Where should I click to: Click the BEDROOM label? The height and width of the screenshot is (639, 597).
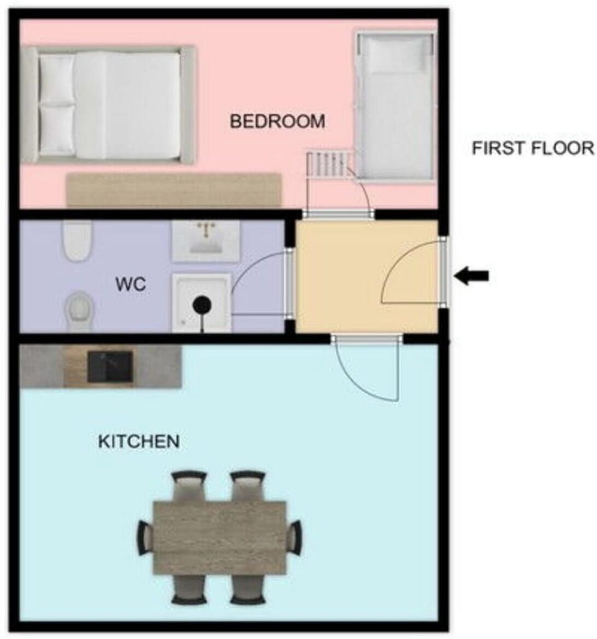[277, 121]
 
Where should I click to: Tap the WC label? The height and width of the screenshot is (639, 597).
[131, 285]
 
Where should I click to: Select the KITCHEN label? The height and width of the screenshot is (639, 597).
[139, 441]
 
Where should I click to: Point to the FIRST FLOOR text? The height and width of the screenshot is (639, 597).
[533, 148]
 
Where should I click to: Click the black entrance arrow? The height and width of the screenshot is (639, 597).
[471, 277]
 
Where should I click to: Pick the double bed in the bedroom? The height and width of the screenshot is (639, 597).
[109, 105]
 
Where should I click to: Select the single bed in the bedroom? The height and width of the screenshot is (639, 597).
[395, 106]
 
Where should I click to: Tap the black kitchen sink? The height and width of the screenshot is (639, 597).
[110, 366]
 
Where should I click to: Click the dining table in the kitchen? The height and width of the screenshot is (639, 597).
[220, 538]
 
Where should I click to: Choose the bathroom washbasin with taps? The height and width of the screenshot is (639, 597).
[205, 241]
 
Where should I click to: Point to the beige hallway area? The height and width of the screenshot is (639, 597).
[367, 277]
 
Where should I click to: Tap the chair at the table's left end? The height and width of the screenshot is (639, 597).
[146, 538]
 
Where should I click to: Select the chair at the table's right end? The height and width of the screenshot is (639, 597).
[294, 537]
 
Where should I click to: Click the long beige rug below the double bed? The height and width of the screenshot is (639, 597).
[174, 190]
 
